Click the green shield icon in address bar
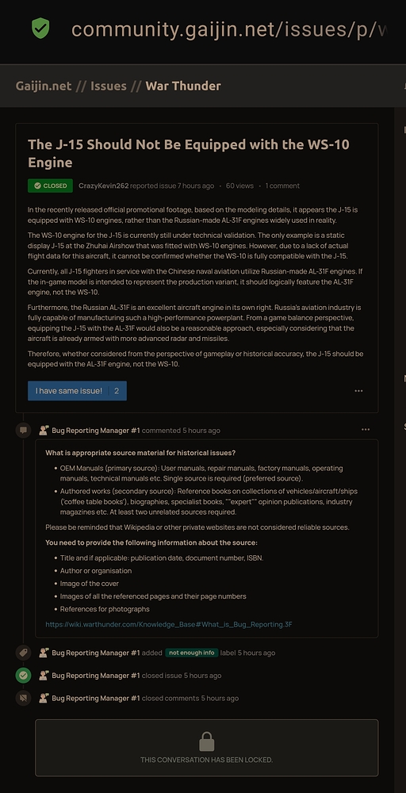coord(40,29)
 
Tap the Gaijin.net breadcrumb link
coord(44,86)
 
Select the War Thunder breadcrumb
coord(183,86)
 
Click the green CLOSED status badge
coord(50,186)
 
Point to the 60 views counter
coord(239,186)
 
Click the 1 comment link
coord(282,186)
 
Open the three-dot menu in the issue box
coord(358,391)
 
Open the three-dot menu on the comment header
coord(365,430)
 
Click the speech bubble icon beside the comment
coord(24,430)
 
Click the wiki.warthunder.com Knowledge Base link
coord(169,624)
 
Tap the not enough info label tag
coord(191,653)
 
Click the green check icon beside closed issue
coord(24,676)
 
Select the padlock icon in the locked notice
coord(206,741)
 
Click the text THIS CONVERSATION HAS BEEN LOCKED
coord(206,760)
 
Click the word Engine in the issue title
coord(50,163)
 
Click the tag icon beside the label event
coord(24,653)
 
